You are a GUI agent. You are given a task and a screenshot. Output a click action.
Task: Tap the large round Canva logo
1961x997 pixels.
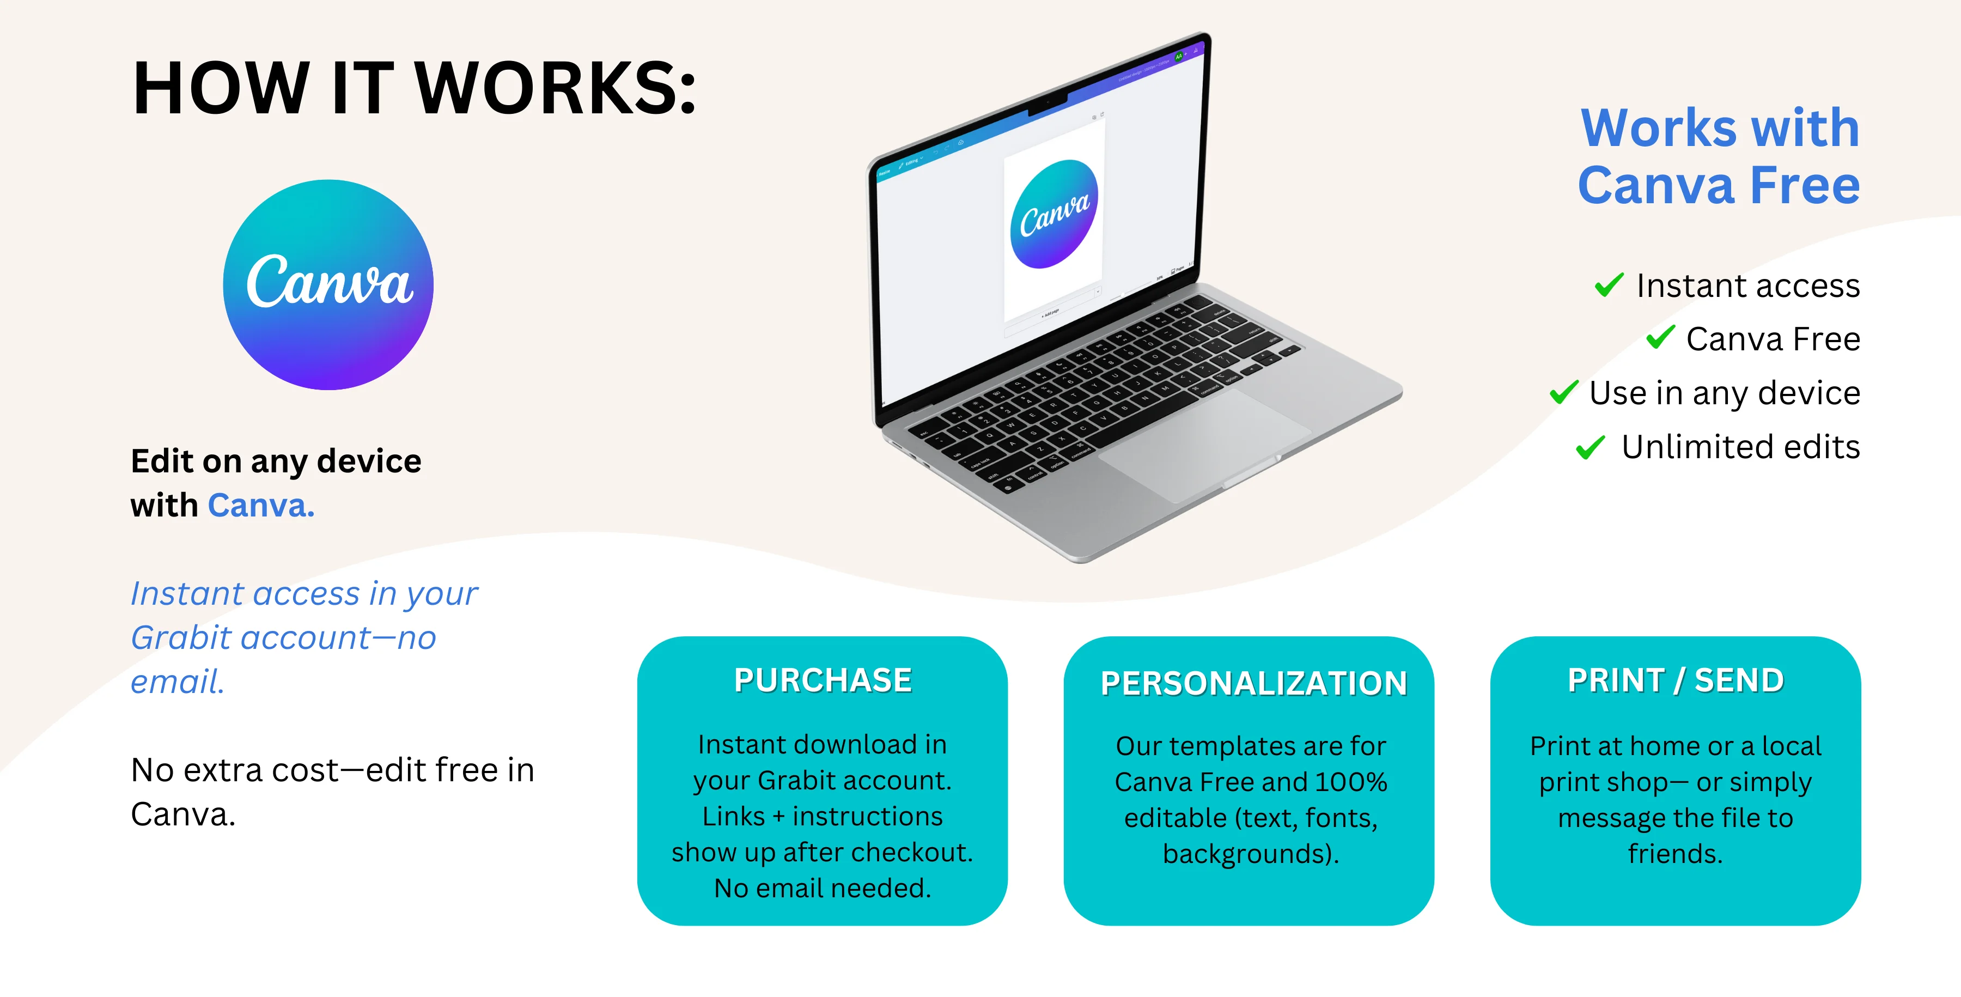(x=328, y=285)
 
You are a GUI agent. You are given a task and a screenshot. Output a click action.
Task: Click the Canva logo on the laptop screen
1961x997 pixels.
(x=1055, y=214)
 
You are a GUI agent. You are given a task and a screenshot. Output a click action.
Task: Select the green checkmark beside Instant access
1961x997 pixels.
(x=1609, y=285)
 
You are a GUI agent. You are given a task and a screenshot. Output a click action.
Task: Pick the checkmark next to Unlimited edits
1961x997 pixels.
(x=1590, y=447)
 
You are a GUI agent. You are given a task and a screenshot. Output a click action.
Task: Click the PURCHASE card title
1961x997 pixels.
(x=823, y=680)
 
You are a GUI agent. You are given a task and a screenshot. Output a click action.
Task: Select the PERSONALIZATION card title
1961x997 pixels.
(x=1254, y=684)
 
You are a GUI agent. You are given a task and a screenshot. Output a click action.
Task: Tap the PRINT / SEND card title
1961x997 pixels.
(x=1676, y=680)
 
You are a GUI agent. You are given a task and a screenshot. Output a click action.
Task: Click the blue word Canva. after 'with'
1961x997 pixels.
(x=261, y=506)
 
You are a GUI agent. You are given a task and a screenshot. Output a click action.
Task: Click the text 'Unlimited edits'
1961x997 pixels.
(x=1740, y=447)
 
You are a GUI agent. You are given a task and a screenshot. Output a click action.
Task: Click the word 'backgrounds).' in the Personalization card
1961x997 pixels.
(x=1251, y=854)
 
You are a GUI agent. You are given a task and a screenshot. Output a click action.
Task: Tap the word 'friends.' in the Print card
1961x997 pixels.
(x=1675, y=854)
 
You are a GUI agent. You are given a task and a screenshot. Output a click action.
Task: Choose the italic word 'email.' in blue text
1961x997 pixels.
(x=178, y=682)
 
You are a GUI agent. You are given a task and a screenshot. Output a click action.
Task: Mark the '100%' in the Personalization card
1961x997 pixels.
(x=1350, y=782)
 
